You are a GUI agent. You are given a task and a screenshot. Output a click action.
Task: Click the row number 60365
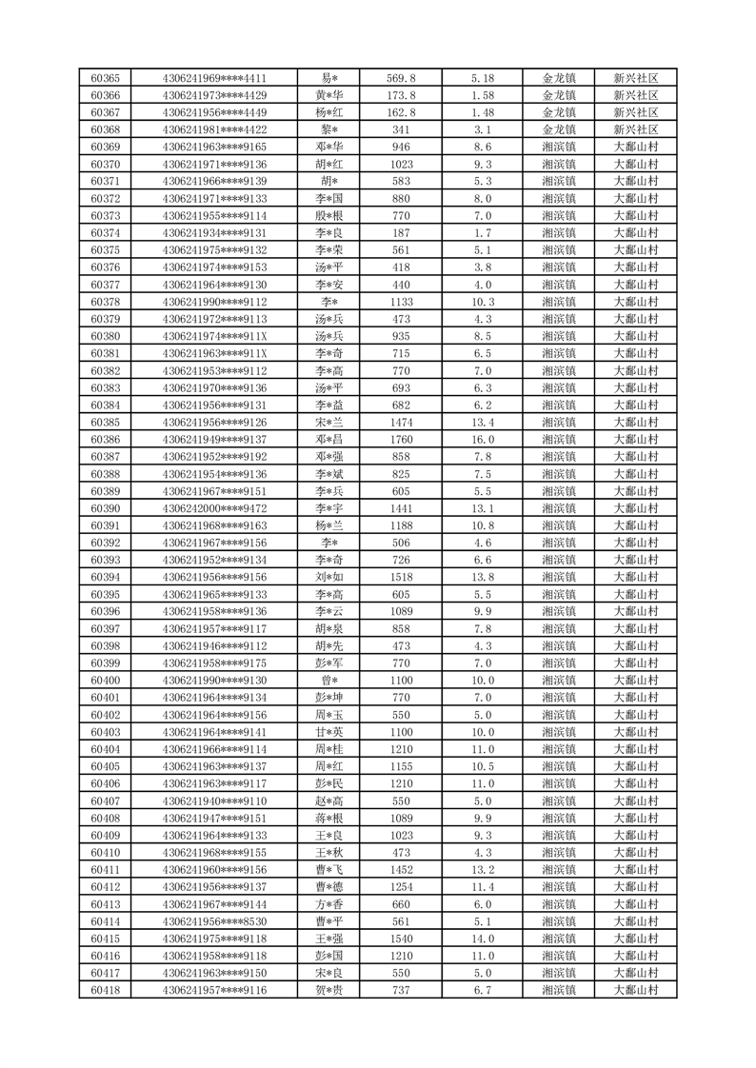point(105,78)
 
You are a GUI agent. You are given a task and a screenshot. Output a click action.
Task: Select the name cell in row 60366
point(330,95)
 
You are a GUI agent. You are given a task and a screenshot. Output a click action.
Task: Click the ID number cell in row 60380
point(215,336)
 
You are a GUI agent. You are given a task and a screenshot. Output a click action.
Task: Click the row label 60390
point(105,508)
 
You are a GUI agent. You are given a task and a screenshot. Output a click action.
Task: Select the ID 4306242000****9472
point(215,508)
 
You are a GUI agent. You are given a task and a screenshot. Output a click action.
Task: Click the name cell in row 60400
point(330,681)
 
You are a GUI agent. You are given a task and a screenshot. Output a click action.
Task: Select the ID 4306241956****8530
point(215,921)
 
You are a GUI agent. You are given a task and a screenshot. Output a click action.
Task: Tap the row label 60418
point(105,991)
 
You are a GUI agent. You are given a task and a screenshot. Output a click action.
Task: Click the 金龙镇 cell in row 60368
point(559,129)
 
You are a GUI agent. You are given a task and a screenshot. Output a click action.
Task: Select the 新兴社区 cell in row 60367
point(636,112)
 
